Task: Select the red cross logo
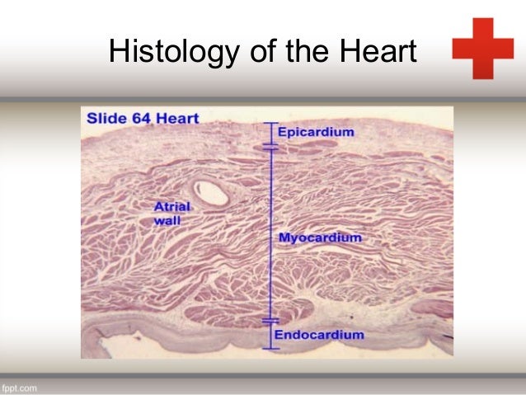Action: pyautogui.click(x=482, y=48)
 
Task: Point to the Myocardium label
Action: pyautogui.click(x=320, y=237)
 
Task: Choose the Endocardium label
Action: pyautogui.click(x=318, y=335)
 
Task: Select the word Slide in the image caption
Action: pyautogui.click(x=106, y=119)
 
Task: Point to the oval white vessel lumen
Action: pyautogui.click(x=216, y=193)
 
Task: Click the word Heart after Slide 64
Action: pyautogui.click(x=180, y=119)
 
